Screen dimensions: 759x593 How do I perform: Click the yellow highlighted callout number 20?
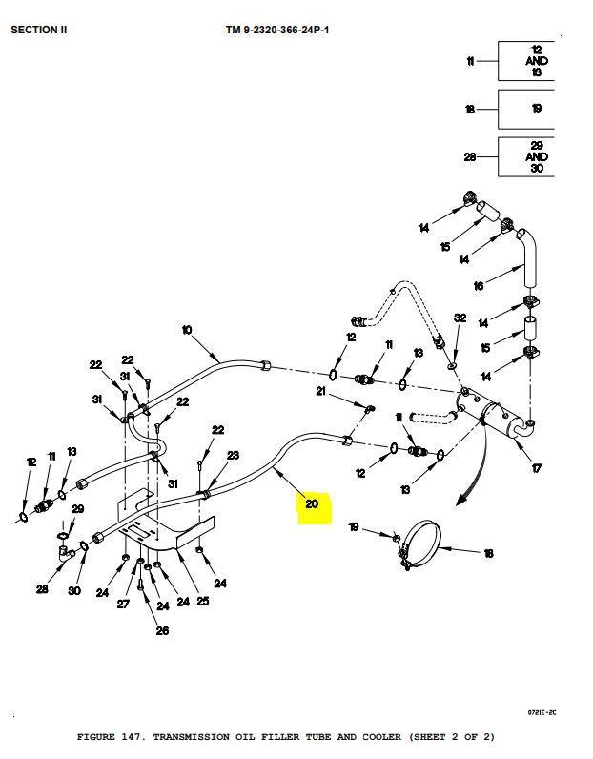pos(314,504)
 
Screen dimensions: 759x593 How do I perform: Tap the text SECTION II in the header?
pos(39,30)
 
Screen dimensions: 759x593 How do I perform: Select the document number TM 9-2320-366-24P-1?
pos(277,30)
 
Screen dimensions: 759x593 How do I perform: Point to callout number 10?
pos(187,331)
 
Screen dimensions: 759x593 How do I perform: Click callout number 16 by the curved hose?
pos(479,285)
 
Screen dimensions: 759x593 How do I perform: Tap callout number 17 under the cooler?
pos(537,468)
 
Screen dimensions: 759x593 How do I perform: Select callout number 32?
pos(460,318)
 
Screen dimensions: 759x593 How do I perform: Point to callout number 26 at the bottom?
pos(162,630)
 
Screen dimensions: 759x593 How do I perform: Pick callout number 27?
pos(123,603)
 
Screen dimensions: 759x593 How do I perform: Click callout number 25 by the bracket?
pos(203,601)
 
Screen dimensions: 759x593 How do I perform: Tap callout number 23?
pos(233,456)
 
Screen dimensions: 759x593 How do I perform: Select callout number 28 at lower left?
pos(42,589)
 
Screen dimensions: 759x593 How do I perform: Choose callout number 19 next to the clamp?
pos(354,526)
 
